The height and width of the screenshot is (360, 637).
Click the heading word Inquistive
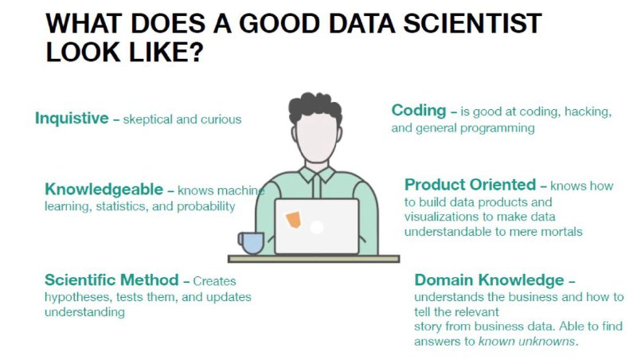tap(72, 118)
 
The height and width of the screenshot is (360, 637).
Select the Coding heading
tap(419, 111)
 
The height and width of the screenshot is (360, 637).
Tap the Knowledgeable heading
tap(104, 190)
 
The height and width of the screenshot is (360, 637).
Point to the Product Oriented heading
tap(470, 185)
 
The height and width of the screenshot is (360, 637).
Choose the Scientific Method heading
tap(111, 280)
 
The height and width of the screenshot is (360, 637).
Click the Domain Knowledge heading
tap(490, 280)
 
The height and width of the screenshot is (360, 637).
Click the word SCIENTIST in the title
tap(472, 23)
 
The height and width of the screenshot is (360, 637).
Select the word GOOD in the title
tap(279, 23)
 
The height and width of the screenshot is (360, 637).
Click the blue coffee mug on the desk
tap(252, 243)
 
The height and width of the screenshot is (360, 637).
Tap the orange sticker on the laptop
tap(293, 220)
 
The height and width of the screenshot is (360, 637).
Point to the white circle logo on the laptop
tap(316, 227)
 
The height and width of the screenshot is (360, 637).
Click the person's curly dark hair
tap(315, 107)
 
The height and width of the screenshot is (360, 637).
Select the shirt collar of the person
tap(316, 174)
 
